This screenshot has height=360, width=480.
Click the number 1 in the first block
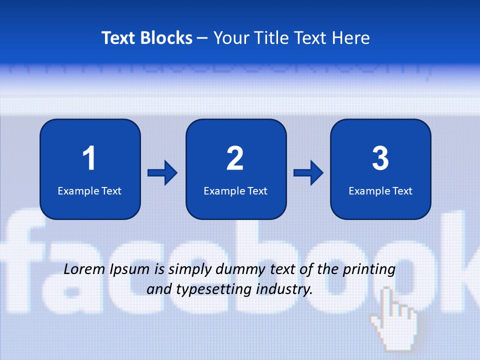tap(89, 158)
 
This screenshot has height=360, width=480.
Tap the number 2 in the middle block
tap(235, 158)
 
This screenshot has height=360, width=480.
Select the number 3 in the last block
tap(380, 158)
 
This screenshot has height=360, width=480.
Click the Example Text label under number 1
tap(89, 191)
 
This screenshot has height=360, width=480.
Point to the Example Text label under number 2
tap(235, 191)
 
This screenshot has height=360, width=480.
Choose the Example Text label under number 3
tap(380, 191)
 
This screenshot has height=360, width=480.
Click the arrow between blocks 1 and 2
tap(162, 173)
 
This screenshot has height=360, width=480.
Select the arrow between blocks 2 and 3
tap(308, 173)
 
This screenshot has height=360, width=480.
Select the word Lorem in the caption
tap(85, 269)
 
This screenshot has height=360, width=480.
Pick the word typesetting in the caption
tap(221, 289)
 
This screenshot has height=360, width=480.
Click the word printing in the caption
tap(369, 270)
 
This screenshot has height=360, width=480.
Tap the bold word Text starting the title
tap(119, 38)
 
